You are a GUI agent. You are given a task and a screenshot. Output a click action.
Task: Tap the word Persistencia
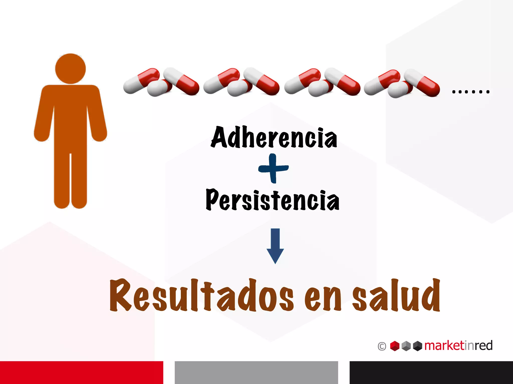click(273, 200)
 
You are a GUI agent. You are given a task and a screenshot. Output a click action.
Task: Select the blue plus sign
click(273, 168)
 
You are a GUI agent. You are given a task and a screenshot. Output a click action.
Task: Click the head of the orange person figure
click(70, 68)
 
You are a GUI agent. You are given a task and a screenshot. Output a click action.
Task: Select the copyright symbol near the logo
click(382, 346)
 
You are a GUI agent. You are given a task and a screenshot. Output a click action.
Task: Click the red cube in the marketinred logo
click(395, 346)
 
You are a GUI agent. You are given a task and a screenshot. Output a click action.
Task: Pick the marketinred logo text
click(458, 345)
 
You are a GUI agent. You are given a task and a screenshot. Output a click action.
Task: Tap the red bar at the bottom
click(81, 372)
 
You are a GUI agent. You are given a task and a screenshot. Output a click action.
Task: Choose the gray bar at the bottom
click(256, 372)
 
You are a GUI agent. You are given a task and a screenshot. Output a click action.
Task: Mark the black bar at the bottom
click(431, 372)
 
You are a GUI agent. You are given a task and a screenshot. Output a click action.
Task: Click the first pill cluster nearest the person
click(161, 82)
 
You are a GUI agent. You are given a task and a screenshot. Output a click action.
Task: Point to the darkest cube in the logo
click(418, 346)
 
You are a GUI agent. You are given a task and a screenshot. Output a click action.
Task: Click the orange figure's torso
click(70, 117)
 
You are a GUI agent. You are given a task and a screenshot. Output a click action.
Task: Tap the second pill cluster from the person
click(241, 82)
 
